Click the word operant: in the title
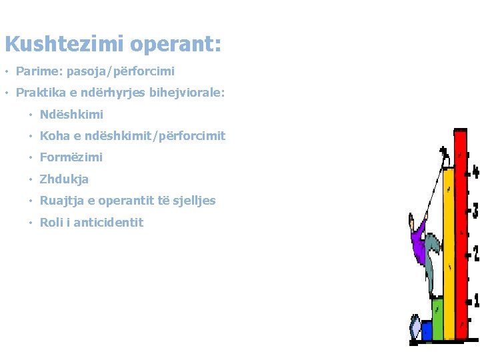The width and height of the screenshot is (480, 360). pos(175,45)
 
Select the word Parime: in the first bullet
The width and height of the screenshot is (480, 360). pos(39,71)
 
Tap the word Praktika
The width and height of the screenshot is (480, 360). pos(41,93)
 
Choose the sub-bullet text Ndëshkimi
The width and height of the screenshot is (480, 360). pos(71,115)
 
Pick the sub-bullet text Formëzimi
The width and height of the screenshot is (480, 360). pos(71,157)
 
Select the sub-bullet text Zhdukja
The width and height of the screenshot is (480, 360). pos(64,179)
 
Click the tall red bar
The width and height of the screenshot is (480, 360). pos(460,233)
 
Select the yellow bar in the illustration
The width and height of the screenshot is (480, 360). pos(449,253)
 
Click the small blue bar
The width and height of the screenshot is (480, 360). pos(427,330)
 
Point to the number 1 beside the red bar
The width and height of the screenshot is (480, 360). pos(474,301)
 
